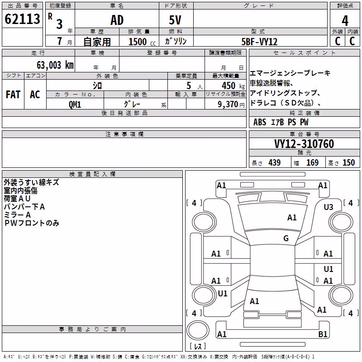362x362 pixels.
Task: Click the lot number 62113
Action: coord(22,19)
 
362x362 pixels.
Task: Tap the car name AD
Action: coord(117,20)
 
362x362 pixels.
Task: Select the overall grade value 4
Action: coord(345,20)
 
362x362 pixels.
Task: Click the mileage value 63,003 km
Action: coord(55,65)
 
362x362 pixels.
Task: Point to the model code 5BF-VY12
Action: coord(259,42)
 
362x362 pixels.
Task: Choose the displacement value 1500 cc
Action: coord(142,42)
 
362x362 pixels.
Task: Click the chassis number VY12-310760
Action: coord(304,144)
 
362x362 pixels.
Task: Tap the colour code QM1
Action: coord(75,105)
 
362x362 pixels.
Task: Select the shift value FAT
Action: coord(13,95)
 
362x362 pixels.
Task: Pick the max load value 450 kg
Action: coord(233,86)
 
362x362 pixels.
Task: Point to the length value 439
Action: coord(275,162)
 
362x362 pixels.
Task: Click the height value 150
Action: coord(348,162)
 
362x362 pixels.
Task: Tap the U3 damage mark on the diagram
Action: coord(329,207)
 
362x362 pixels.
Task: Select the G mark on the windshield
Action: coord(286,238)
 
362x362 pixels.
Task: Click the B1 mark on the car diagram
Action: coord(323,334)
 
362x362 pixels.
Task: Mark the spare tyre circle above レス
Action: coord(198,330)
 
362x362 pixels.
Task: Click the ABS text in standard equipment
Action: coord(260,122)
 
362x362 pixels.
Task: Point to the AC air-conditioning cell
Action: coord(35,95)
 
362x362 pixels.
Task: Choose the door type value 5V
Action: coord(175,20)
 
